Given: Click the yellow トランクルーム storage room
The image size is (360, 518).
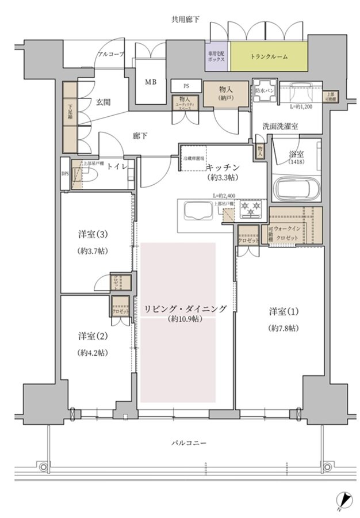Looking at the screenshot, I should (x=269, y=56).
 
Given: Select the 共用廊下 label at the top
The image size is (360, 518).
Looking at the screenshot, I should (x=185, y=20).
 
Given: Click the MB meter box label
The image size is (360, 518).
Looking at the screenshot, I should (x=150, y=82).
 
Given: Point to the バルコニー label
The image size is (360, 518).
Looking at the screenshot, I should (x=188, y=443).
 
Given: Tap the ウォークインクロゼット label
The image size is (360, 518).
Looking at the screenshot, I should (x=289, y=233).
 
